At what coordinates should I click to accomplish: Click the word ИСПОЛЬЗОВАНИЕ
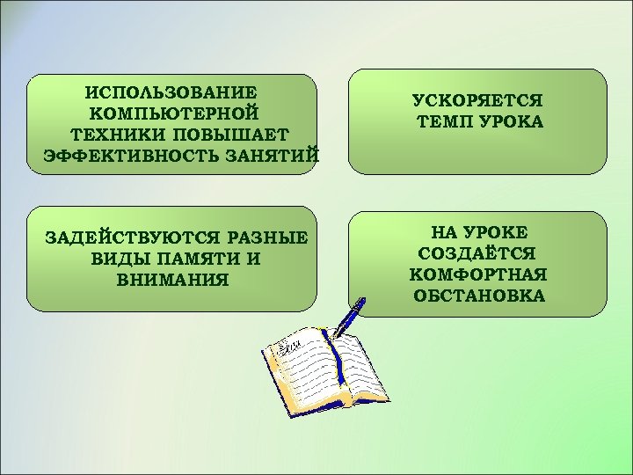[x=171, y=92]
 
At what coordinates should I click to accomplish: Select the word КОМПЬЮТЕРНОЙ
[x=173, y=113]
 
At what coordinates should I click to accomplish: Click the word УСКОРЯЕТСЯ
[x=479, y=101]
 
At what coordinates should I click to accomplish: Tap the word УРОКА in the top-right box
[x=512, y=122]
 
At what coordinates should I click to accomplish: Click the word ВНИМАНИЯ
[x=172, y=280]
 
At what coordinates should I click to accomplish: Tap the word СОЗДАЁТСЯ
[x=479, y=253]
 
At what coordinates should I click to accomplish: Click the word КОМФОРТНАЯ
[x=479, y=274]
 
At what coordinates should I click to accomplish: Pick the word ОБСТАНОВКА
[x=479, y=296]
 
